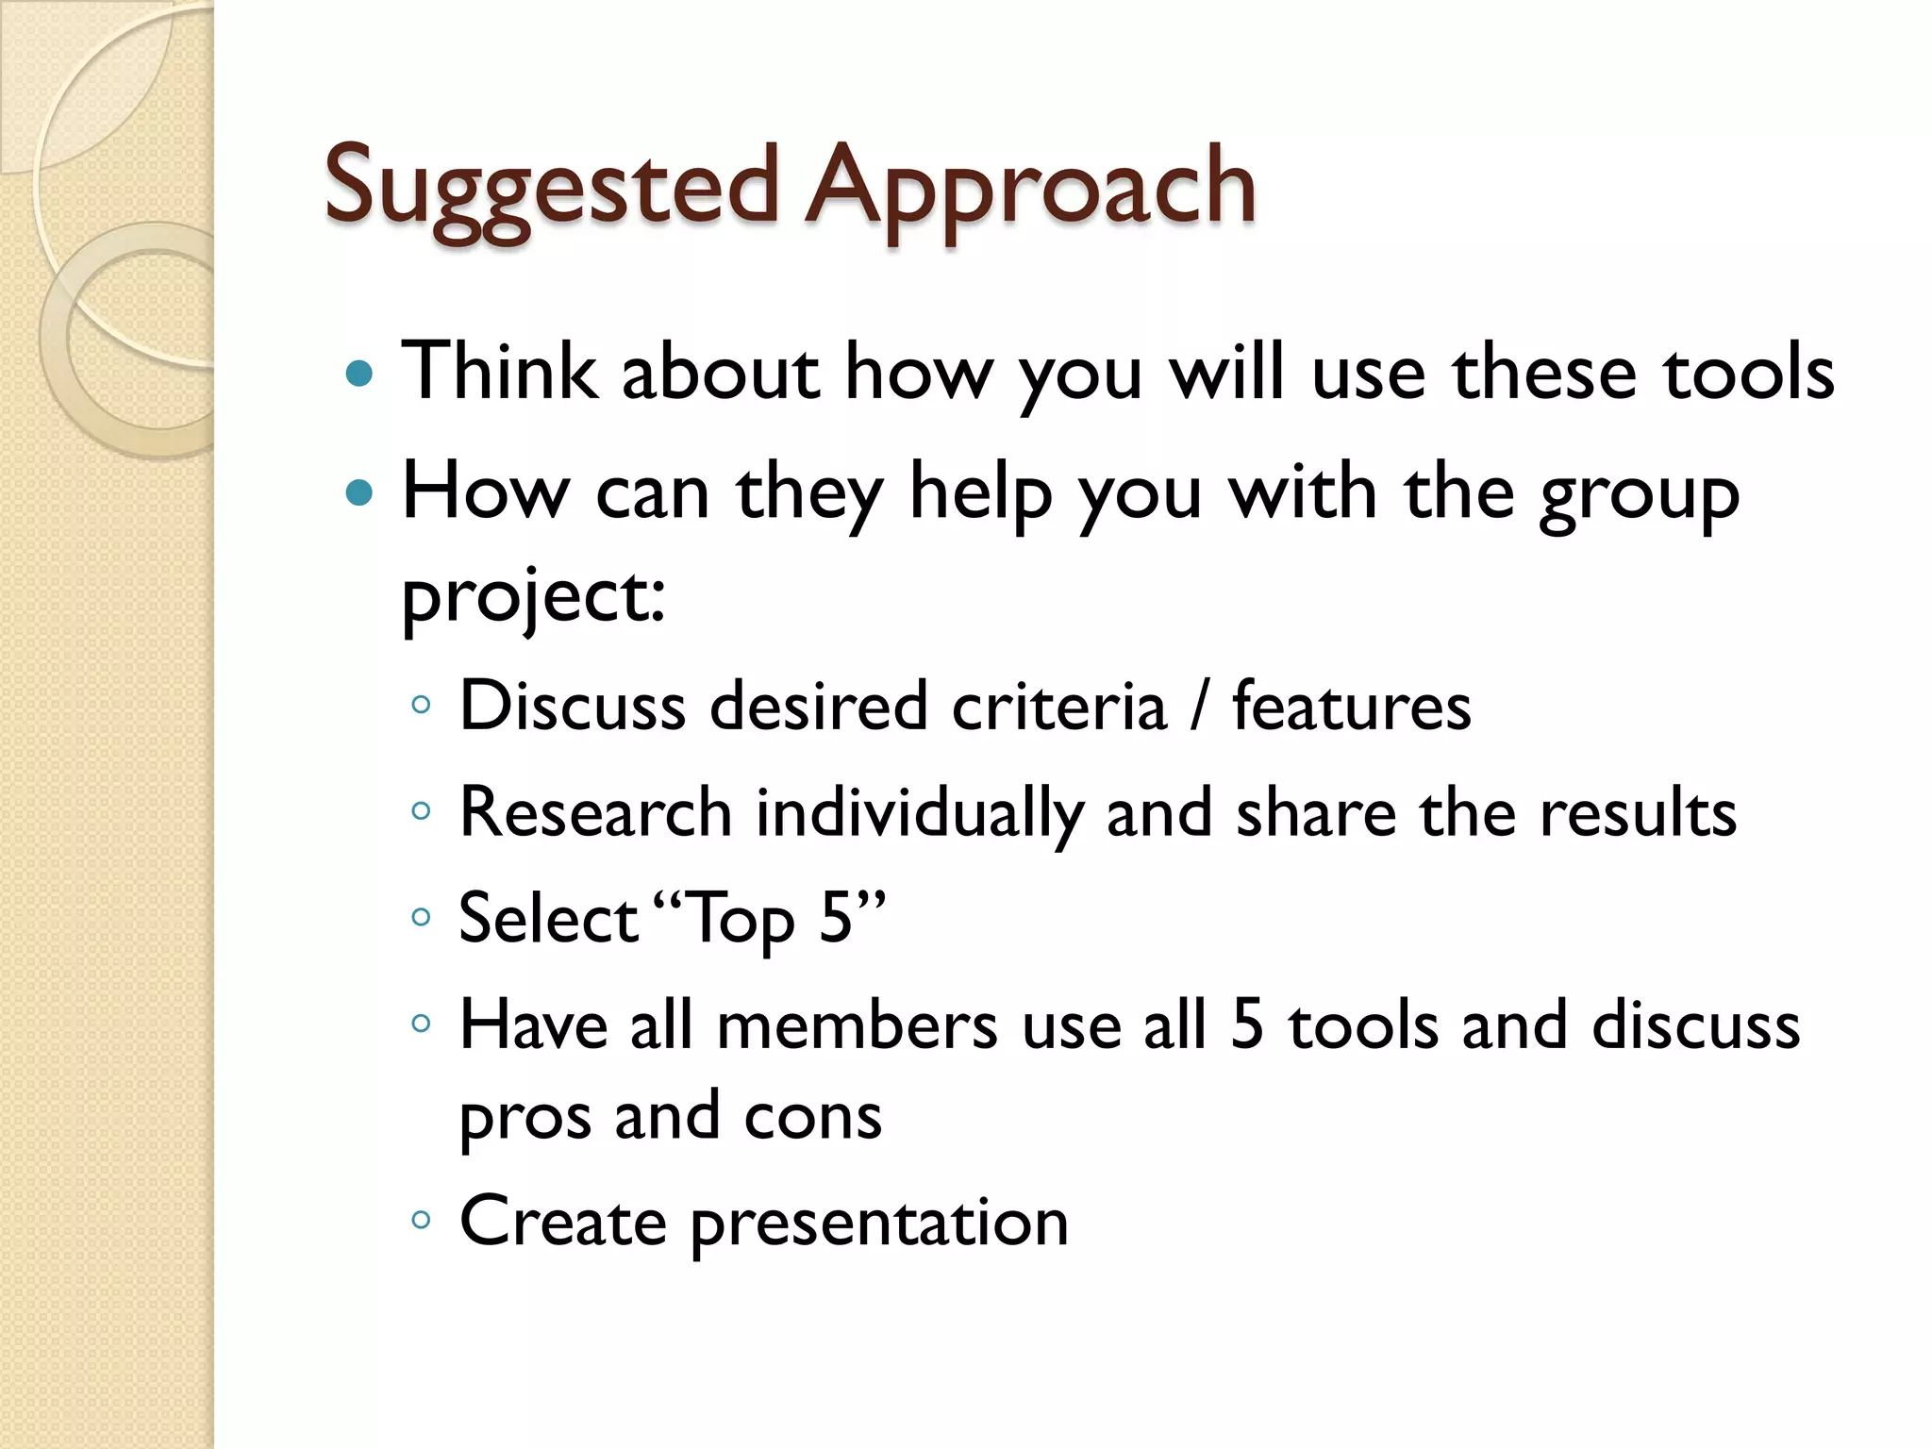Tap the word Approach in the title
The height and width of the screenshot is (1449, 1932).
1030,189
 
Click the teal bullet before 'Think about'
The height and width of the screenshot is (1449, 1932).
359,375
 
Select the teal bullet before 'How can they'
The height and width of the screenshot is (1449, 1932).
359,492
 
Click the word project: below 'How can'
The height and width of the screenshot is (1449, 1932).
534,598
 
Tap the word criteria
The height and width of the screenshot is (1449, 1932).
1058,707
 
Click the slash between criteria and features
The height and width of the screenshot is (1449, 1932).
1198,707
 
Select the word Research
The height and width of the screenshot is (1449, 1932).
595,812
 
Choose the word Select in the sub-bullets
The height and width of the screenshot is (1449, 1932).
548,918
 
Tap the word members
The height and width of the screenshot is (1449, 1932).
857,1025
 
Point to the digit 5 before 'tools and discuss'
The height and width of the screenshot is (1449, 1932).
1247,1025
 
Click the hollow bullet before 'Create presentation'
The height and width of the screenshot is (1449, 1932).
422,1221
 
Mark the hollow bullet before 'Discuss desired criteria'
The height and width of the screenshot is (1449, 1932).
422,705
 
